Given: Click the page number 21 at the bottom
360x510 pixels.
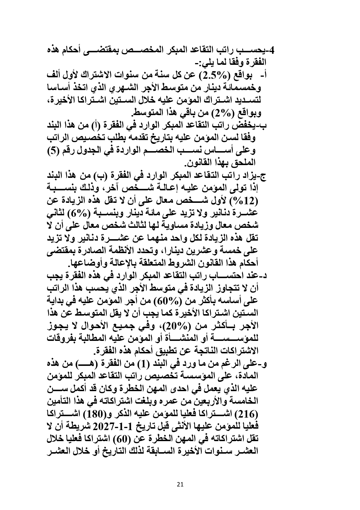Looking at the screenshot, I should pyautogui.click(x=180, y=484).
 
